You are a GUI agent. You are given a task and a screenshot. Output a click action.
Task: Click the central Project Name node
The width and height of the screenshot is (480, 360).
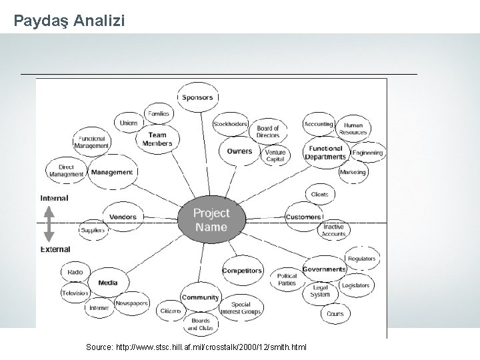(211, 219)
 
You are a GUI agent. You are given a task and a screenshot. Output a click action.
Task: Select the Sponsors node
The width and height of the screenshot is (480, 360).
(197, 97)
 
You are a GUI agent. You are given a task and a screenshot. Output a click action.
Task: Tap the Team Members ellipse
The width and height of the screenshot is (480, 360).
(157, 139)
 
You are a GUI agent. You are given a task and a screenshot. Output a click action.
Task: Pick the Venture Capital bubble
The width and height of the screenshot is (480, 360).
(275, 155)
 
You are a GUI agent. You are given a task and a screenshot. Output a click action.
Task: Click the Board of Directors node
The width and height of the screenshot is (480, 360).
(268, 131)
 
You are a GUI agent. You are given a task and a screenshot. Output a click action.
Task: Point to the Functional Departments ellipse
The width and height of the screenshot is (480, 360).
(325, 153)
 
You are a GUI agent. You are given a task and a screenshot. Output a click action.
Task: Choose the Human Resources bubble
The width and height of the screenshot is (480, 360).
(353, 129)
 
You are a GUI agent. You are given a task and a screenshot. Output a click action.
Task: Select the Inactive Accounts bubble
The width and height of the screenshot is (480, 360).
(333, 231)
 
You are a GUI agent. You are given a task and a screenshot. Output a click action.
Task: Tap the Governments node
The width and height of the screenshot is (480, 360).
(325, 269)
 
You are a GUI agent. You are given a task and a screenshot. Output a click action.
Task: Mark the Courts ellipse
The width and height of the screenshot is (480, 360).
(335, 313)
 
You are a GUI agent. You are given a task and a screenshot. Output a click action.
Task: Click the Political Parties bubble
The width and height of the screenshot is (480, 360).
(287, 279)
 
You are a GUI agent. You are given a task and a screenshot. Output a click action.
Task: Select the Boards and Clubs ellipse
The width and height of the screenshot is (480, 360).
(199, 325)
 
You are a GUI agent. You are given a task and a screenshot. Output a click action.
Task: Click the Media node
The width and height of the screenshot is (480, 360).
(107, 283)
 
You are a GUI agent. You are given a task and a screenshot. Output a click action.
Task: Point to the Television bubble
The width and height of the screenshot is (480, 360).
(75, 293)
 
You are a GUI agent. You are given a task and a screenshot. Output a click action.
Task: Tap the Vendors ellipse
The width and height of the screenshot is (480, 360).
(123, 217)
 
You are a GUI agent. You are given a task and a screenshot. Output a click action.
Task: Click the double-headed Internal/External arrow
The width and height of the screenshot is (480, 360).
(49, 223)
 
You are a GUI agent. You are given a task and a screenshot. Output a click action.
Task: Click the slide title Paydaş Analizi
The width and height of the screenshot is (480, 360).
(69, 21)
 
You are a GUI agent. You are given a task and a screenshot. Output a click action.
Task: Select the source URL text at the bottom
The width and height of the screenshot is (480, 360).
(197, 348)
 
